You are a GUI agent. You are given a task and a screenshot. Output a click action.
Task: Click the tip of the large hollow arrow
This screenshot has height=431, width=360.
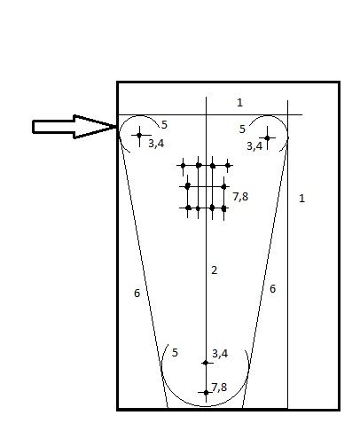click(116, 127)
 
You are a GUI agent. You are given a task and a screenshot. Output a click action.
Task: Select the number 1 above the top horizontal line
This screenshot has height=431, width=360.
click(239, 103)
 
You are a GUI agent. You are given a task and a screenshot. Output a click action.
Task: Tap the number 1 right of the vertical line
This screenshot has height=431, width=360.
click(301, 198)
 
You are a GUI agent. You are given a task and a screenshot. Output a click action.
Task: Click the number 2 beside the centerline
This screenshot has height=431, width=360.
click(215, 270)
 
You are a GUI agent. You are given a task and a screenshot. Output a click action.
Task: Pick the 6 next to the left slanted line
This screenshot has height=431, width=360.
click(137, 294)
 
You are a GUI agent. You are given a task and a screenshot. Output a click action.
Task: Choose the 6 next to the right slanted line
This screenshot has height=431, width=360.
click(272, 289)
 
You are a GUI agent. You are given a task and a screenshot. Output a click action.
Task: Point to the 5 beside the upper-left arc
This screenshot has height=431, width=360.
click(164, 125)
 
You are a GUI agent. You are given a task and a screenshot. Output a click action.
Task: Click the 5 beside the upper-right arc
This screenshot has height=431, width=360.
click(242, 129)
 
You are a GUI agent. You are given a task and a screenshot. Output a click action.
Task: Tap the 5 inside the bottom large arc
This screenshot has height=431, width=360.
click(175, 353)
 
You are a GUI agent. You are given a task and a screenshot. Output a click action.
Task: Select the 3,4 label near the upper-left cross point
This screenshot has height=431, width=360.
click(156, 144)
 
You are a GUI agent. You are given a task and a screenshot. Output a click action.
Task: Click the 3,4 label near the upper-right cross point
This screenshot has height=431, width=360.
click(254, 146)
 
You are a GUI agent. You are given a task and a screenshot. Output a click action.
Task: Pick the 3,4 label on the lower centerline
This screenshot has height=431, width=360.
click(220, 354)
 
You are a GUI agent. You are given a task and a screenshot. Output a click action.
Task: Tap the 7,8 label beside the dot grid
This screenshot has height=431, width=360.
click(240, 197)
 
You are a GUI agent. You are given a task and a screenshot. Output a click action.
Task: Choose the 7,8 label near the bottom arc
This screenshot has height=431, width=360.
click(219, 388)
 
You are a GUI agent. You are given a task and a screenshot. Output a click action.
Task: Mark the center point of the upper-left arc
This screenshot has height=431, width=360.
click(139, 135)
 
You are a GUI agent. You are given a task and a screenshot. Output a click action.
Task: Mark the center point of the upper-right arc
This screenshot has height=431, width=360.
click(267, 137)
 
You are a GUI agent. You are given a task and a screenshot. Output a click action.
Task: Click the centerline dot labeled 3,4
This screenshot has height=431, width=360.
click(206, 363)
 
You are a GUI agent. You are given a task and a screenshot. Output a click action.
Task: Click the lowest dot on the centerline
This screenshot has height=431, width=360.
click(206, 393)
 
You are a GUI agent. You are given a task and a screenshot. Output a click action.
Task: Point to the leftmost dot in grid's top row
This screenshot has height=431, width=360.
click(183, 166)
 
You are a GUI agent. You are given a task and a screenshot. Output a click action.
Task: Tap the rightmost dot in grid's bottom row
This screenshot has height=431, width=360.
click(223, 208)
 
